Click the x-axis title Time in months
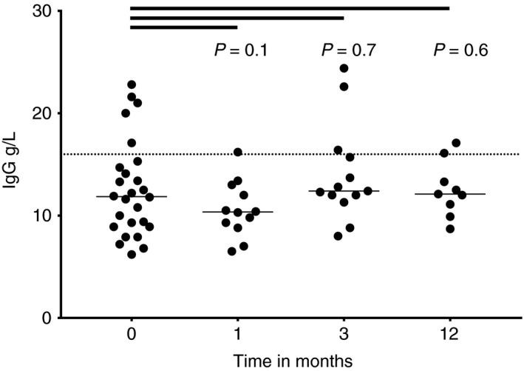click(290, 360)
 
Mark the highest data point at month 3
click(344, 68)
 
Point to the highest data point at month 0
click(132, 84)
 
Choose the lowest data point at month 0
click(132, 255)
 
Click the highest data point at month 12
click(456, 143)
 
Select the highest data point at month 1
click(238, 152)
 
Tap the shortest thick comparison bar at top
click(184, 27)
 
